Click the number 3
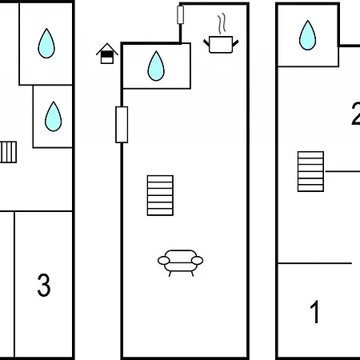[44, 285]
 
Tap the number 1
[315, 311]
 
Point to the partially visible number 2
[356, 114]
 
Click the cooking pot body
[221, 45]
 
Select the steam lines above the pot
[222, 24]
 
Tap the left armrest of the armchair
[164, 260]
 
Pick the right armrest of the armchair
[197, 260]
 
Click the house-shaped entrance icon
[107, 54]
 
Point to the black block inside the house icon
[107, 54]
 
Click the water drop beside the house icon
[156, 66]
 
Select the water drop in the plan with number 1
[307, 35]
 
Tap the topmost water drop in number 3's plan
[46, 43]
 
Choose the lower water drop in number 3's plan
[54, 116]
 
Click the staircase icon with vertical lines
[8, 152]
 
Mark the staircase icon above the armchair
[160, 195]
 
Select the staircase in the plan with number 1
[310, 171]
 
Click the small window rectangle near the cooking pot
[180, 15]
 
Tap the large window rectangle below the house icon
[122, 125]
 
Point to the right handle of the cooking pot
[235, 43]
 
